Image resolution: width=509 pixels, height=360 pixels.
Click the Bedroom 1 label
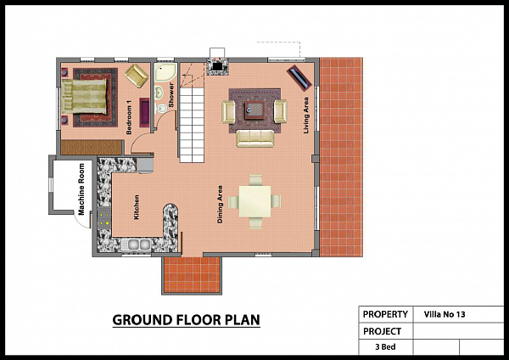click(x=129, y=117)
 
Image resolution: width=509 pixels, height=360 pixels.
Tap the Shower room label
click(x=171, y=95)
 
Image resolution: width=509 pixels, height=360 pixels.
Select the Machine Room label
click(x=81, y=188)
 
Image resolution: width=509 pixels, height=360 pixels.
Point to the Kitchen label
click(x=137, y=207)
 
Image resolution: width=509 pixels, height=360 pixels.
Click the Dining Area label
click(x=220, y=204)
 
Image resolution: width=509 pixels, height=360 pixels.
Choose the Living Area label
click(x=305, y=115)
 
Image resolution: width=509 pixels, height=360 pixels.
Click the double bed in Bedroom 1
click(x=84, y=96)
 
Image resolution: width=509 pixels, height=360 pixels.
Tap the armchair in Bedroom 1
click(x=137, y=76)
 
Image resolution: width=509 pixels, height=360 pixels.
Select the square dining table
click(x=255, y=201)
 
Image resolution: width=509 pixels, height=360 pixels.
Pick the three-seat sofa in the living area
click(x=255, y=138)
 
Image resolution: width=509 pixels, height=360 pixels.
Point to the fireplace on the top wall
click(x=217, y=66)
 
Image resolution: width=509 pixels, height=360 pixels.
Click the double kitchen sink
click(x=136, y=245)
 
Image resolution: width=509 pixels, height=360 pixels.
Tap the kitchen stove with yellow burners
click(x=104, y=218)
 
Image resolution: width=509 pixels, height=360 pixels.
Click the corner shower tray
click(x=165, y=72)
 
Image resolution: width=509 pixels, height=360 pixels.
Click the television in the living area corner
click(x=299, y=78)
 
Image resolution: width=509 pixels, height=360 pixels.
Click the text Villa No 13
click(x=445, y=314)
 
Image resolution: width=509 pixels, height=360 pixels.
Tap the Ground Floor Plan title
click(x=187, y=320)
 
